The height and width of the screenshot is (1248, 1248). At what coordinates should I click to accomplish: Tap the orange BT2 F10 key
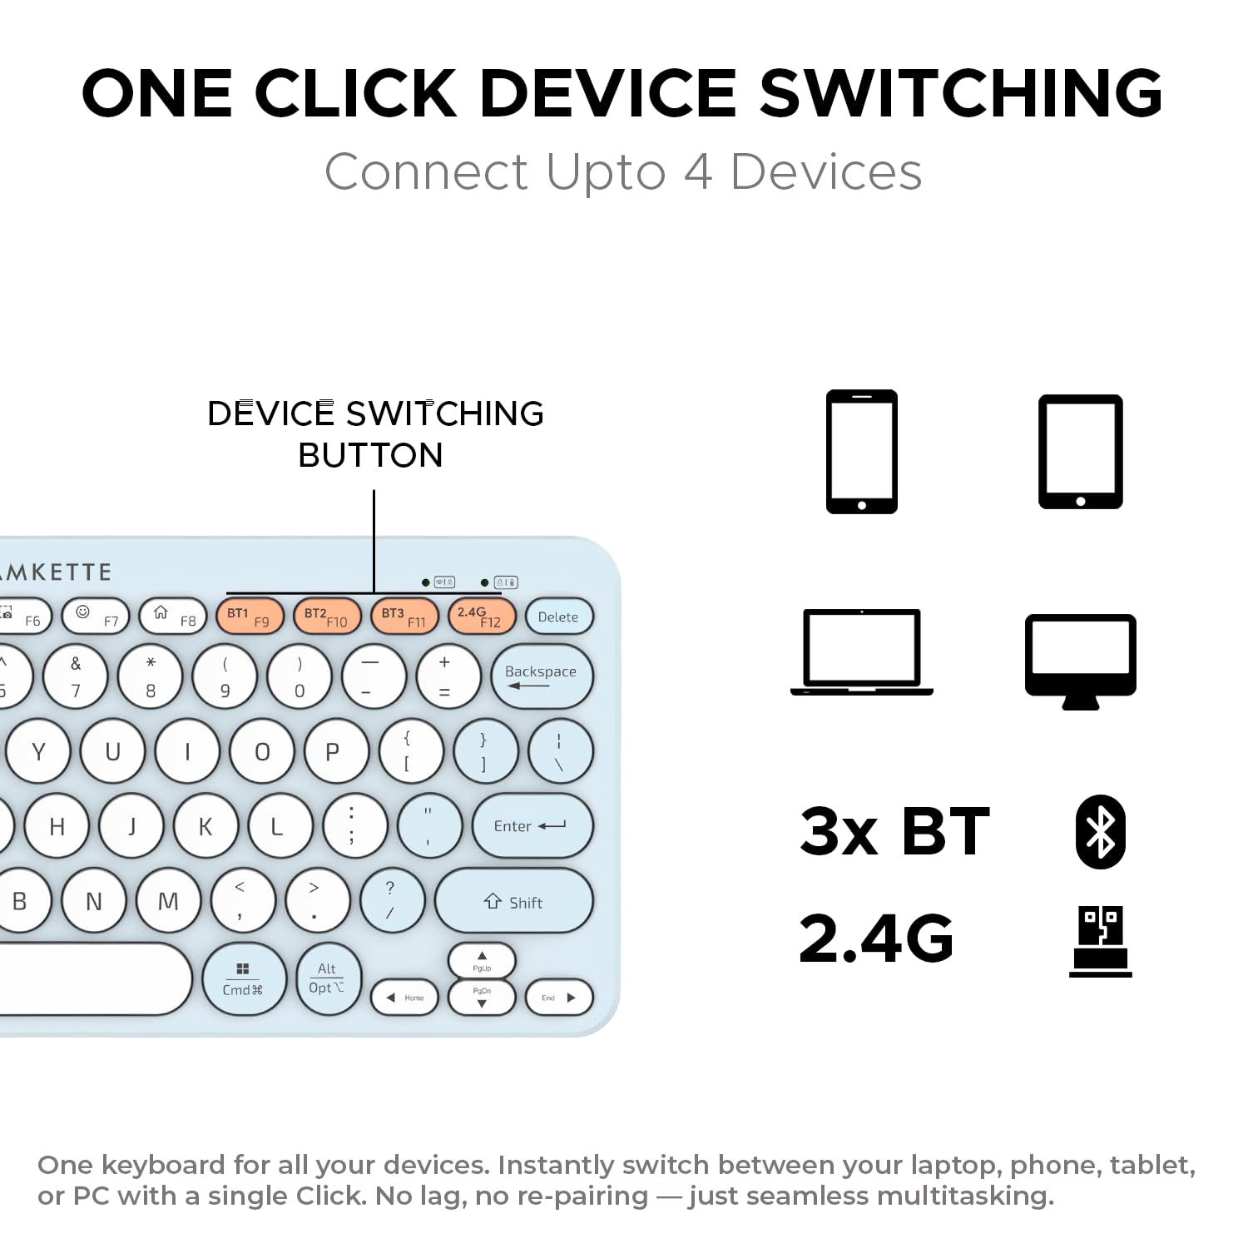click(326, 617)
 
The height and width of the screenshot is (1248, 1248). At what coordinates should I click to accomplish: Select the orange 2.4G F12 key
click(481, 617)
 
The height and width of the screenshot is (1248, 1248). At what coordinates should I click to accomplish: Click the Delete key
click(558, 617)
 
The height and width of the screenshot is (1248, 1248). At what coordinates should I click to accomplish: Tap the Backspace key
click(542, 676)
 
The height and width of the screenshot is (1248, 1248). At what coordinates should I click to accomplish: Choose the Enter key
click(532, 825)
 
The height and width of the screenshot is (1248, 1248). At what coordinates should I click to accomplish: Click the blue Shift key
click(513, 901)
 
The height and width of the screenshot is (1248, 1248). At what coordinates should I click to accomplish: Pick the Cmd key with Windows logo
click(243, 979)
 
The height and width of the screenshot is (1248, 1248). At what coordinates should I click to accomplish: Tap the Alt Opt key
click(327, 979)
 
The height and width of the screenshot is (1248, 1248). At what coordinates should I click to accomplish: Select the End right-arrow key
click(558, 998)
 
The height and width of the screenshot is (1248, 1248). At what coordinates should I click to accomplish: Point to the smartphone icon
click(861, 452)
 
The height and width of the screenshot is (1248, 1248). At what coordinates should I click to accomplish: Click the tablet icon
click(1080, 452)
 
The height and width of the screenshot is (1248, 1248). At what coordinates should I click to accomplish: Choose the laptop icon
click(861, 652)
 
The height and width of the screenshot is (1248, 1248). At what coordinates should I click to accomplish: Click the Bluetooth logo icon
click(1100, 832)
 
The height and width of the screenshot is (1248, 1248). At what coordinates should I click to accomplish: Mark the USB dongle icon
click(1100, 940)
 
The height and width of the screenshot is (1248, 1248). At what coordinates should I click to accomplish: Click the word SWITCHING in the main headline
click(961, 92)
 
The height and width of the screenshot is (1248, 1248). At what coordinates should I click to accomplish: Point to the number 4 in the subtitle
click(697, 172)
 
